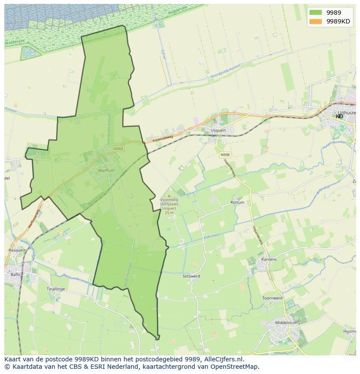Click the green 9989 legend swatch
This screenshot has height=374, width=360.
point(316,12)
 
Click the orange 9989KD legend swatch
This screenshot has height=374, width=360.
point(316,21)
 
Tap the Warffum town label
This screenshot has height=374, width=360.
point(106,171)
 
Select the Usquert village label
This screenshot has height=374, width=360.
point(218,130)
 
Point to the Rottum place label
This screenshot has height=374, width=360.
point(237,202)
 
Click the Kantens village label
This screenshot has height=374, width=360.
point(269,259)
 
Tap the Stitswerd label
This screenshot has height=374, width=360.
point(191,276)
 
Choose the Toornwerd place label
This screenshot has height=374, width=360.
point(272,298)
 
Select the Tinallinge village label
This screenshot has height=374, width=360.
point(56,289)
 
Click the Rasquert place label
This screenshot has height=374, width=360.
point(17,250)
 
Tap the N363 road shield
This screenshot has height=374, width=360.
point(118,149)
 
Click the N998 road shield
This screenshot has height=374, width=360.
point(225,155)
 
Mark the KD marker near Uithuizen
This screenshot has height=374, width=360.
point(339,116)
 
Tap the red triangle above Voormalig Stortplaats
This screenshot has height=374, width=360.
point(169,196)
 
